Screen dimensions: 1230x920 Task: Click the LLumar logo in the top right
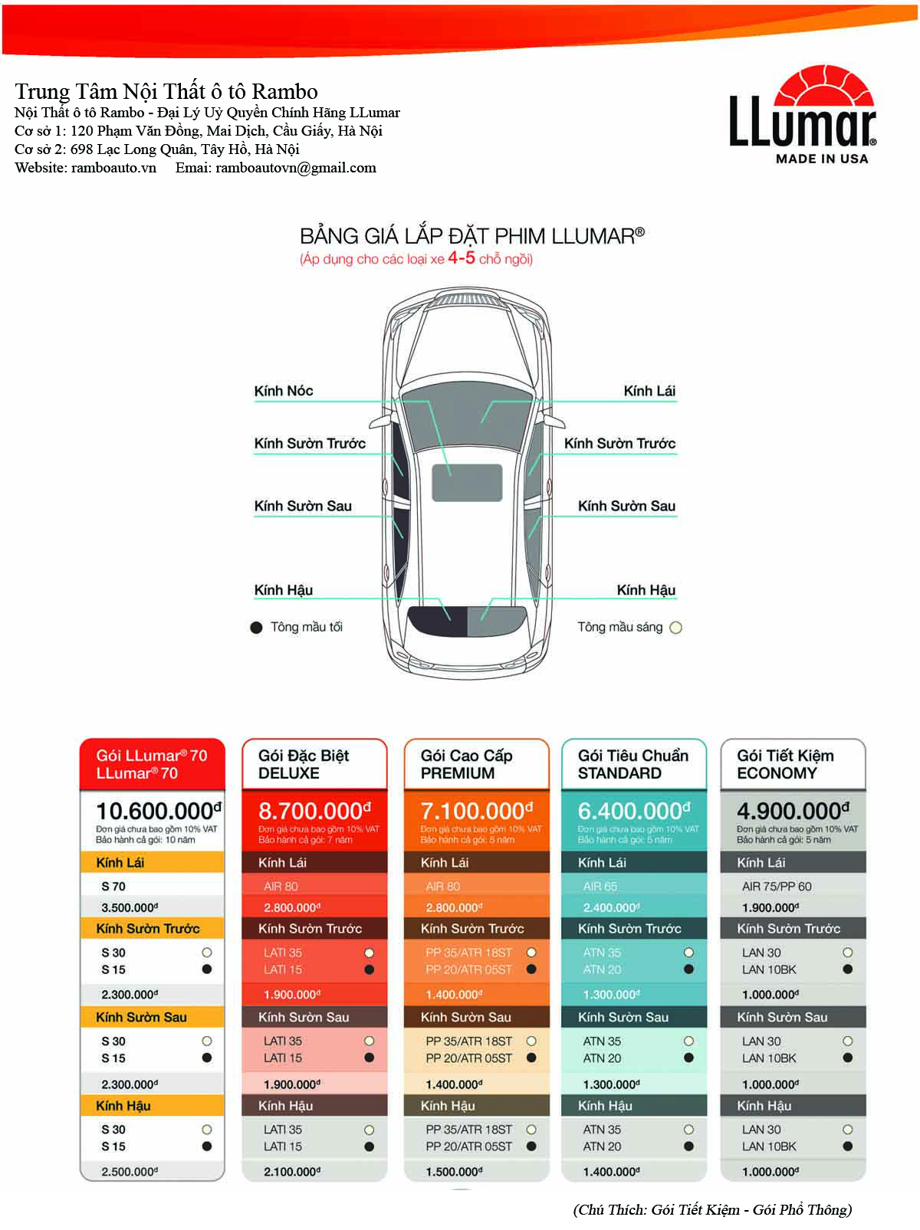point(802,115)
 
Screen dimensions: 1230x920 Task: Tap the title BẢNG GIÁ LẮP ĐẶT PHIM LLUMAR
point(472,235)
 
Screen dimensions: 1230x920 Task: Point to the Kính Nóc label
point(284,391)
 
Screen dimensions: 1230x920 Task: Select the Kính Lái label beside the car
point(649,391)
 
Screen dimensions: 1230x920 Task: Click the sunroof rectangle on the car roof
point(467,483)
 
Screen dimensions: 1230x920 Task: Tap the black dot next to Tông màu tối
point(257,628)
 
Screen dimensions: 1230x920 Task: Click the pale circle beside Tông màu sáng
point(675,628)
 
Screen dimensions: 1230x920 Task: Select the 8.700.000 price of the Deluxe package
point(314,811)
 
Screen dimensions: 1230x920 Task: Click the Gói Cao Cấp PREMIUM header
point(467,764)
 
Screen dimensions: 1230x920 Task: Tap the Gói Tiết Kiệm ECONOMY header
point(785,764)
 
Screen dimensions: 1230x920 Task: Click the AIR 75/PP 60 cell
point(777,887)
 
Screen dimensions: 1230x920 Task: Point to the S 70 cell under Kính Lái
point(113,887)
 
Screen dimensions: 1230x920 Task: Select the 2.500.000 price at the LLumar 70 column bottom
point(130,1172)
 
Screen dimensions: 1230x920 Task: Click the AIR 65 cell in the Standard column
point(600,887)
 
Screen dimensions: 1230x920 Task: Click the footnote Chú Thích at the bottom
point(712,1209)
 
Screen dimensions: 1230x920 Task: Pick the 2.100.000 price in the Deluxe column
point(292,1172)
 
